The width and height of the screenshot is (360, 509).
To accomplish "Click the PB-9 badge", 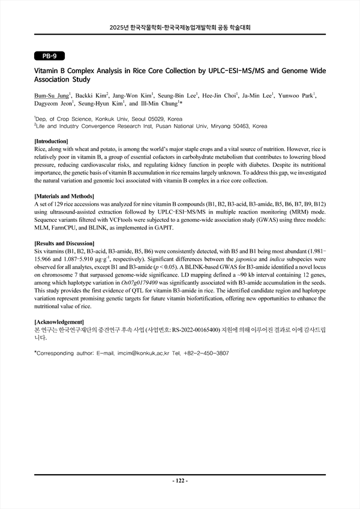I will (46, 56).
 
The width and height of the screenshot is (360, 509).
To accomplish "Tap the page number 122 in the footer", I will (180, 481).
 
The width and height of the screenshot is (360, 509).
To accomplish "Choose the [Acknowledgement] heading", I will (59, 322).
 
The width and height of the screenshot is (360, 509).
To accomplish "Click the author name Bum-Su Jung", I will (51, 95).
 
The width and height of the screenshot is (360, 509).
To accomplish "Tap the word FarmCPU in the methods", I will (63, 228).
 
